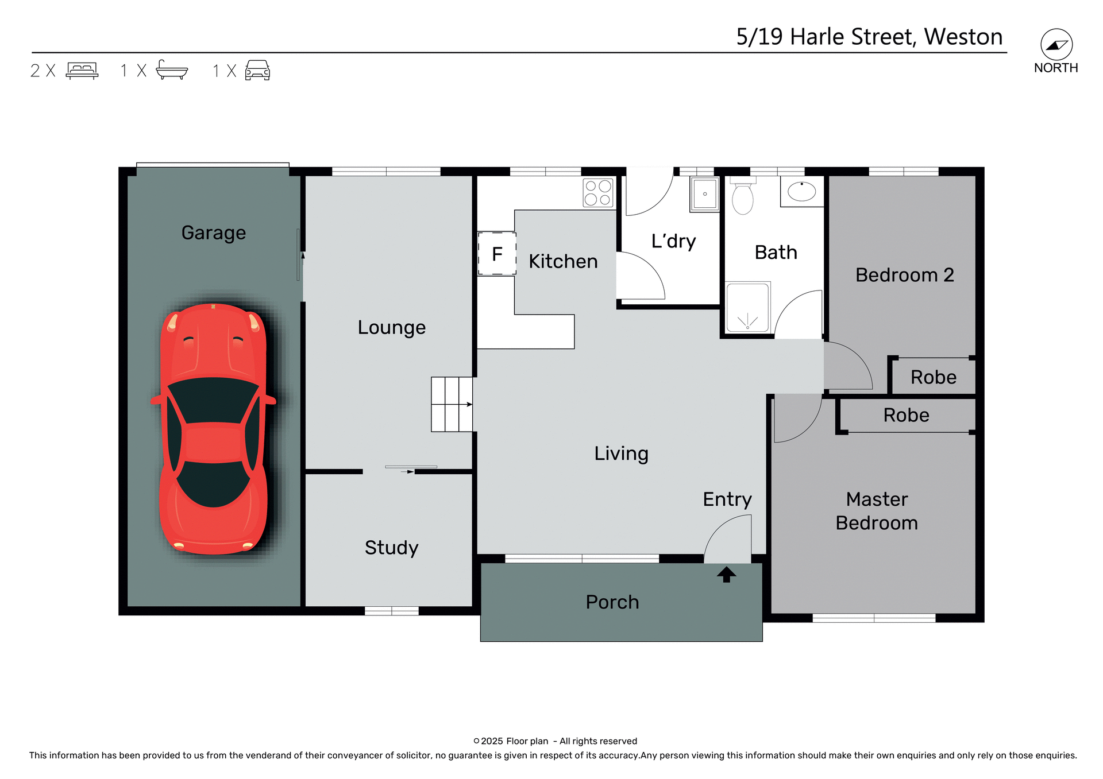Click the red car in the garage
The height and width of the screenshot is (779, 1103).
(213, 429)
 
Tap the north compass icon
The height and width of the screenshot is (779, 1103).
(1056, 45)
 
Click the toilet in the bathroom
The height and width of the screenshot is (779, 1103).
(742, 196)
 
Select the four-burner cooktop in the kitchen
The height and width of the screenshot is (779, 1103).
(597, 193)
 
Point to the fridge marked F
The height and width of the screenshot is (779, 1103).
(497, 254)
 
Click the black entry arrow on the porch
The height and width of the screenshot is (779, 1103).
(726, 574)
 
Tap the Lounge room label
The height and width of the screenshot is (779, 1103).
(391, 327)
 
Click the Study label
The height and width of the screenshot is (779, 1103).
(391, 548)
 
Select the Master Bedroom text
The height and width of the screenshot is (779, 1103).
(876, 511)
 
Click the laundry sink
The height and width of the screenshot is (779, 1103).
(704, 194)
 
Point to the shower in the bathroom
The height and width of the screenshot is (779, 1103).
(747, 307)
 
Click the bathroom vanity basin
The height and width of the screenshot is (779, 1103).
(801, 192)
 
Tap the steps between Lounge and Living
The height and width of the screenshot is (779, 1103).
(452, 404)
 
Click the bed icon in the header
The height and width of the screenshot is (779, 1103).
(82, 71)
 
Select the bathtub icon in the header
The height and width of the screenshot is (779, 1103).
(172, 70)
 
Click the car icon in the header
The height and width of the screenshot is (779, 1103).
(257, 70)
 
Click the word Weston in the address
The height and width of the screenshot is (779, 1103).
(963, 37)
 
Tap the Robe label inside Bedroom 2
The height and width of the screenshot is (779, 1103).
(933, 377)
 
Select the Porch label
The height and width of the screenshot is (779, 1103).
(612, 602)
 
